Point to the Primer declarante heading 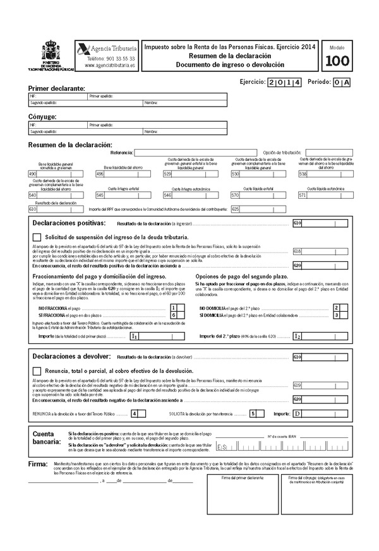pyautogui.click(x=56, y=88)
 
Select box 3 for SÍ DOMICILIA pyautogui.click(x=337, y=314)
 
